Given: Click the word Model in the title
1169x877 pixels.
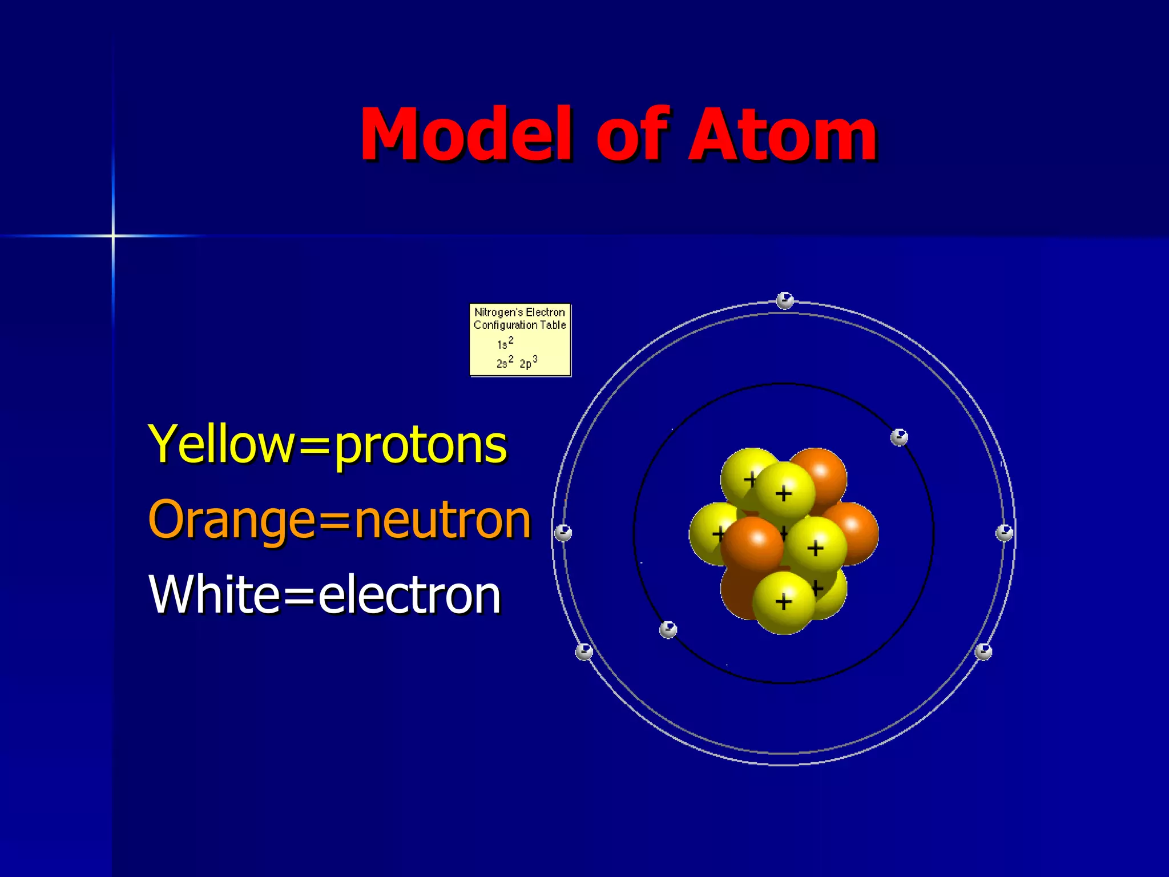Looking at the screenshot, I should [x=465, y=135].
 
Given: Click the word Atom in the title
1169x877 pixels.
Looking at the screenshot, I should [x=782, y=135].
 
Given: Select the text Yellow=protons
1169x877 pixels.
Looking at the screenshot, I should [x=327, y=445].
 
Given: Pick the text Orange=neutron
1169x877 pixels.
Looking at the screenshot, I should [x=339, y=520].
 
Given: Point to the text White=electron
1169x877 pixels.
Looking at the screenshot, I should [x=324, y=595].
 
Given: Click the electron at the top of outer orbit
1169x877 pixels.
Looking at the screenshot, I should [x=785, y=300].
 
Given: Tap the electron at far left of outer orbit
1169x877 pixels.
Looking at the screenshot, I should [x=563, y=533].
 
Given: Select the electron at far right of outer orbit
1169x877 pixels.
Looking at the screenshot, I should [x=1004, y=533].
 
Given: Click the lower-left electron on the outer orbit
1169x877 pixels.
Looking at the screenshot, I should [x=584, y=651].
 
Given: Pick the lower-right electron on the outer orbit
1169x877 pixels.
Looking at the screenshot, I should [x=983, y=651].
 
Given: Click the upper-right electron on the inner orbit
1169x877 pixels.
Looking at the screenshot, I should [x=899, y=438].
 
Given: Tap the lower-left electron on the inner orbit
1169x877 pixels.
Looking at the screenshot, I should [x=668, y=630].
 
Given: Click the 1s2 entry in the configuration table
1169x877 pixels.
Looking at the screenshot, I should [x=505, y=344].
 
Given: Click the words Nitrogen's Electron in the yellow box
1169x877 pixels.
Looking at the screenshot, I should [x=519, y=312].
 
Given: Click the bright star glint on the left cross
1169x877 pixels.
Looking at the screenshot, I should [x=113, y=235].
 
